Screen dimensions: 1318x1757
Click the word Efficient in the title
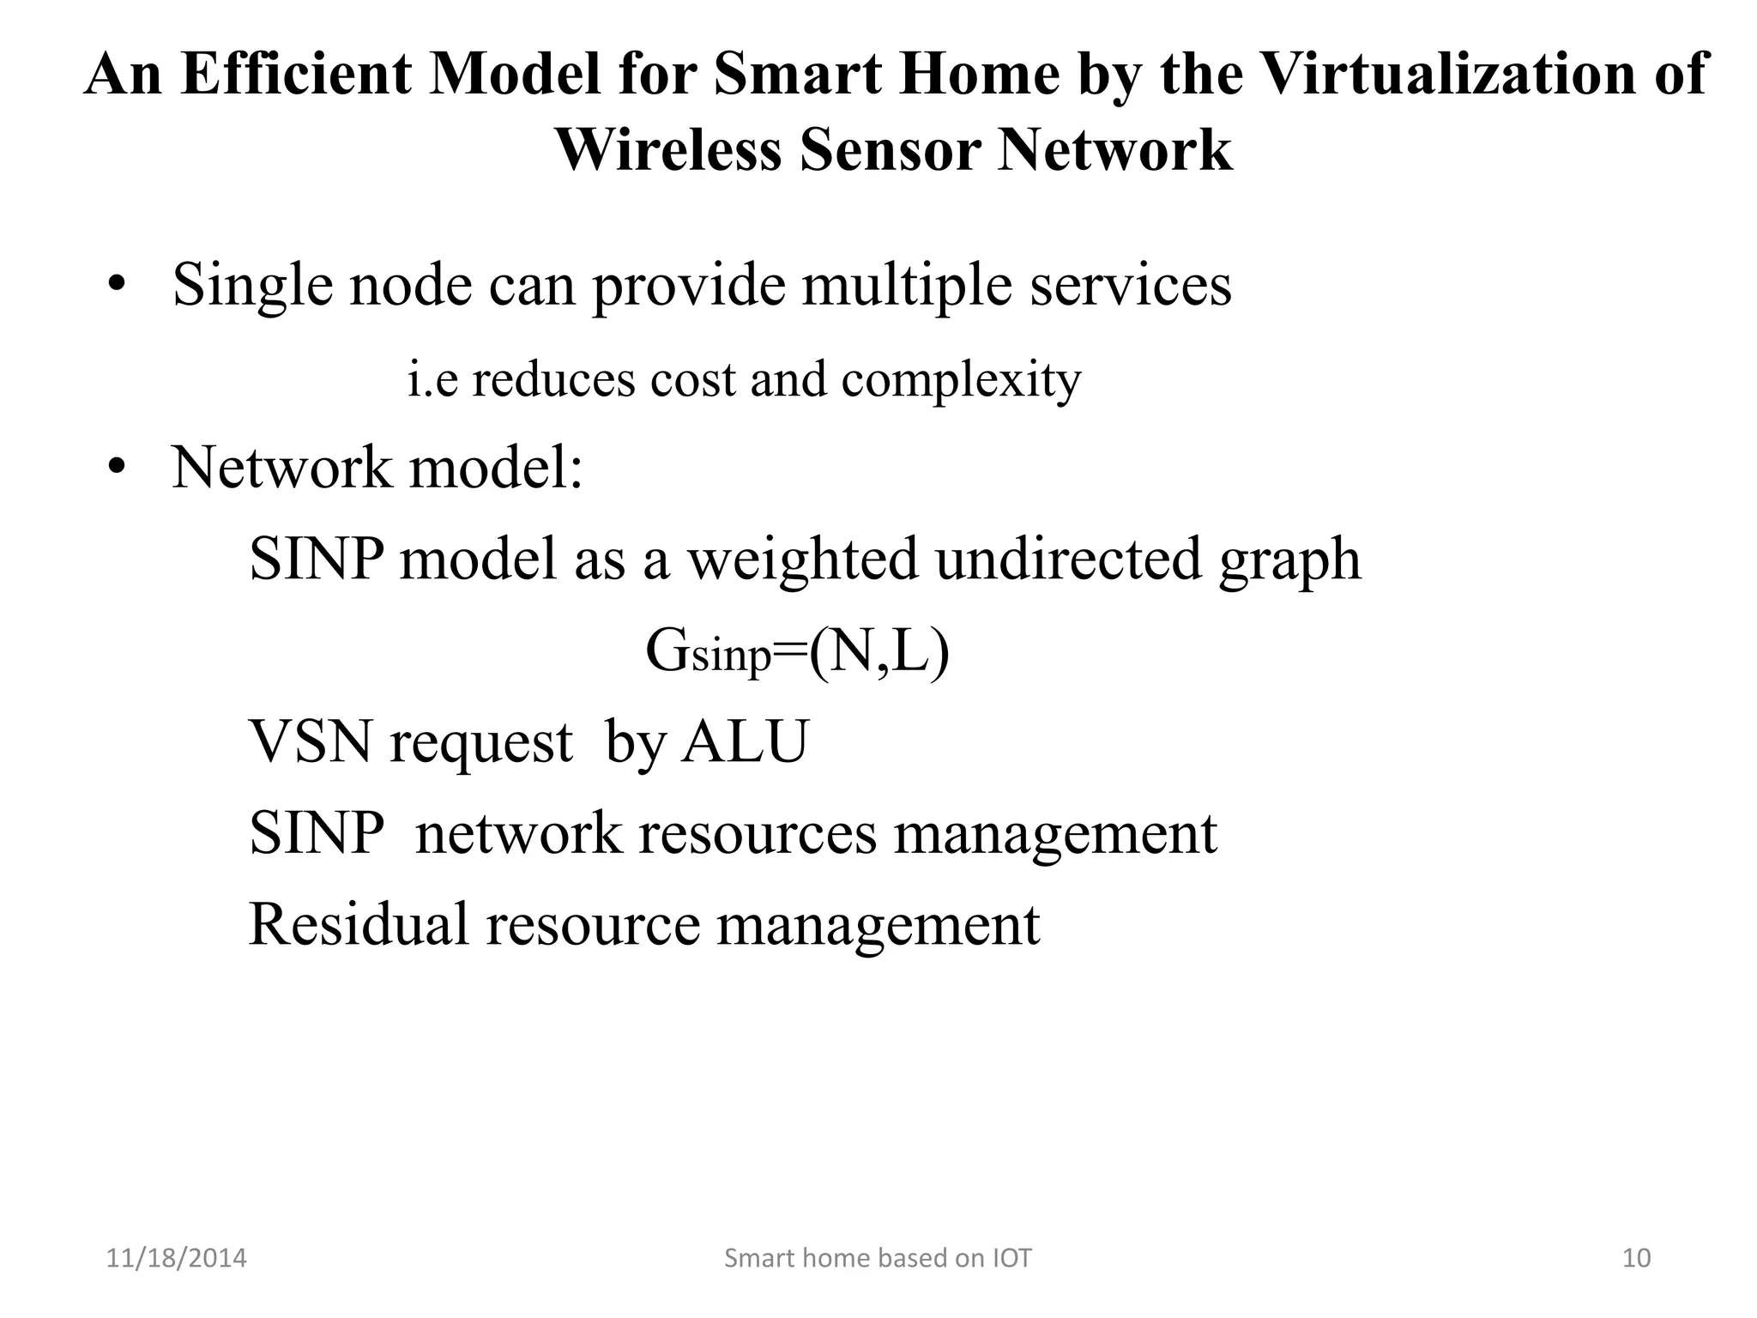point(297,74)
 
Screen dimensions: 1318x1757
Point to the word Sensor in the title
point(889,150)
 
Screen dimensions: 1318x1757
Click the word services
point(1131,285)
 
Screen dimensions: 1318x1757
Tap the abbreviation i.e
point(432,379)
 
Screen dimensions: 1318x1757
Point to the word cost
point(692,379)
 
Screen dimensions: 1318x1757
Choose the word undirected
point(1068,559)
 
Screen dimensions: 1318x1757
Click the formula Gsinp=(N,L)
point(797,651)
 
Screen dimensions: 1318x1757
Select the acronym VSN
point(311,741)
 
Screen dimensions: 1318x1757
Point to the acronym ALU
point(745,741)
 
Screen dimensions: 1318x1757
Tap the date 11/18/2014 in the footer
point(176,1258)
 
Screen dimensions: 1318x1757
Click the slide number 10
point(1637,1258)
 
